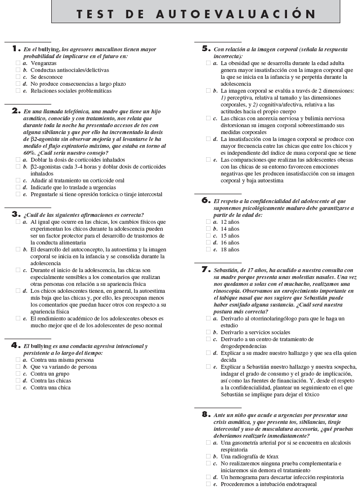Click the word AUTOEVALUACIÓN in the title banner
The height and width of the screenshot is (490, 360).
[235, 14]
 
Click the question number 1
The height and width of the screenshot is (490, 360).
[14, 49]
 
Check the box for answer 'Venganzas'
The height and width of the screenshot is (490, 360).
[18, 63]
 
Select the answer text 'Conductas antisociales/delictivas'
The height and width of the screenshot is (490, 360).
[70, 70]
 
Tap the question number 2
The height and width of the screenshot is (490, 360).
[15, 111]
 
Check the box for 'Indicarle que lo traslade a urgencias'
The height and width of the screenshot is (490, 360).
[18, 187]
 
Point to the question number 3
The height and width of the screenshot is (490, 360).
[15, 214]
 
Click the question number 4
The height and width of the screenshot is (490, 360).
[15, 346]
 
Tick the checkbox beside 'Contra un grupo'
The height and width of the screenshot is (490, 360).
[18, 374]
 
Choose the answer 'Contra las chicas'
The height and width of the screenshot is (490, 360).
[51, 381]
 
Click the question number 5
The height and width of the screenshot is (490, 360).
[206, 49]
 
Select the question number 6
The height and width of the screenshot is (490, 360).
[206, 201]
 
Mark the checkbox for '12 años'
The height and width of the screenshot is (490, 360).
[208, 222]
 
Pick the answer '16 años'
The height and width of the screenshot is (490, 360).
[230, 243]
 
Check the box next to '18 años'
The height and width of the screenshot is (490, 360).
[208, 249]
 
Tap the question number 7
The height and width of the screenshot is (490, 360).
[206, 270]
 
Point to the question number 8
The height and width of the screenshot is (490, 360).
[206, 415]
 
